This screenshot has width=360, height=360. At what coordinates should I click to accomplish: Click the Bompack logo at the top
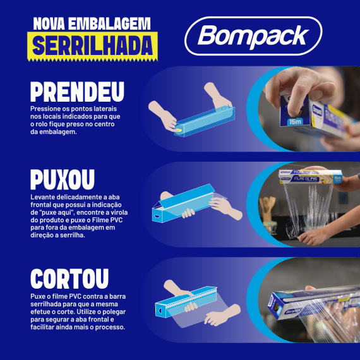(x=253, y=36)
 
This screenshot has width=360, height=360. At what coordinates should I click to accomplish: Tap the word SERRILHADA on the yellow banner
(x=92, y=45)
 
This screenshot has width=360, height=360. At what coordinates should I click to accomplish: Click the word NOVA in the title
(x=49, y=23)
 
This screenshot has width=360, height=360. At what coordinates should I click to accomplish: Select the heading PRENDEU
(x=78, y=92)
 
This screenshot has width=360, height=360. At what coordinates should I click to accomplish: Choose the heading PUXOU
(x=63, y=179)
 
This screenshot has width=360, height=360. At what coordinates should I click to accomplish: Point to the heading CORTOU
(x=69, y=279)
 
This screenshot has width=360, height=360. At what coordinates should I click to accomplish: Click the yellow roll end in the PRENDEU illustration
(x=179, y=131)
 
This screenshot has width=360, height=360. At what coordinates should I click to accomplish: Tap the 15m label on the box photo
(x=295, y=122)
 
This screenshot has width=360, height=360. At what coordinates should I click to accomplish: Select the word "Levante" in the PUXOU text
(x=43, y=197)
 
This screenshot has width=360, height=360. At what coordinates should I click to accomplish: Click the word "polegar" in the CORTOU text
(x=114, y=312)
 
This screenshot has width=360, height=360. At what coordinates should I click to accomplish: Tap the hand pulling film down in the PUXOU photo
(x=312, y=237)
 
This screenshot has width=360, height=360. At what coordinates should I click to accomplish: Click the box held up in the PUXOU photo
(x=310, y=177)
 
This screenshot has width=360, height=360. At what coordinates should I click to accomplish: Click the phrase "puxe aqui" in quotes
(x=57, y=212)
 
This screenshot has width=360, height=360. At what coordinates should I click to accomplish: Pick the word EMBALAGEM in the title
(x=109, y=23)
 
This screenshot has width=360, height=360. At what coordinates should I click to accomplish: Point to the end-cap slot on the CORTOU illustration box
(x=160, y=311)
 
